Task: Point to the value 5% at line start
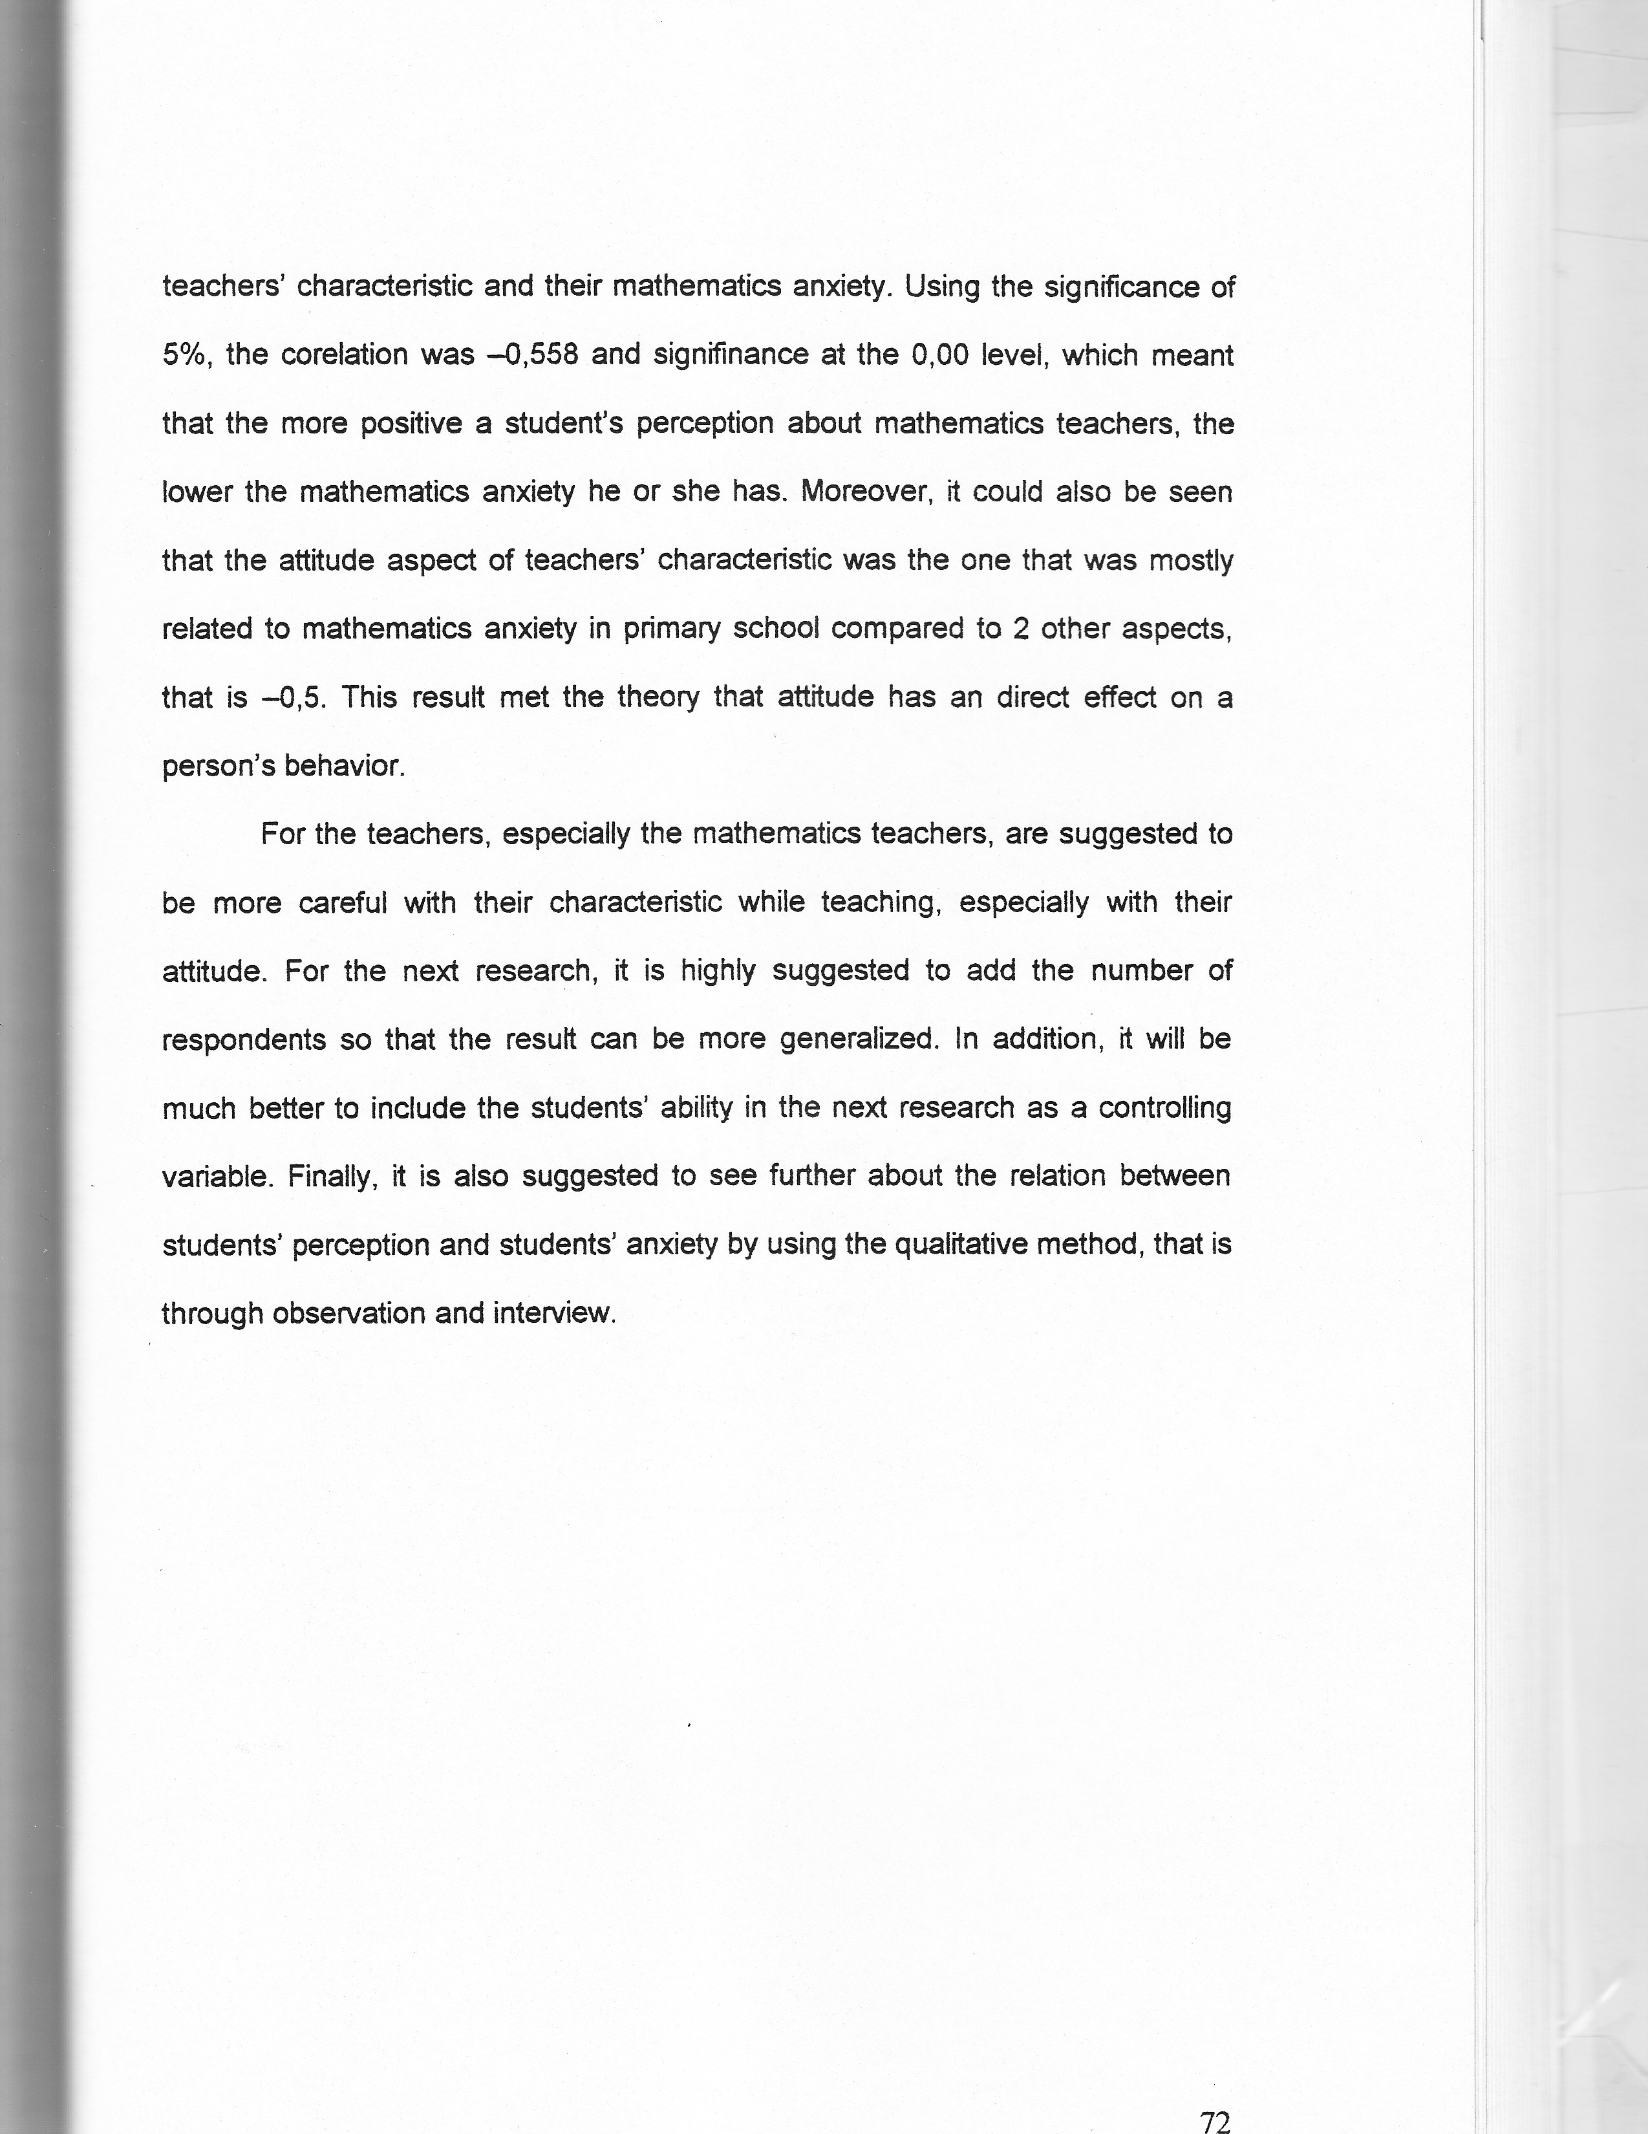point(187,356)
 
